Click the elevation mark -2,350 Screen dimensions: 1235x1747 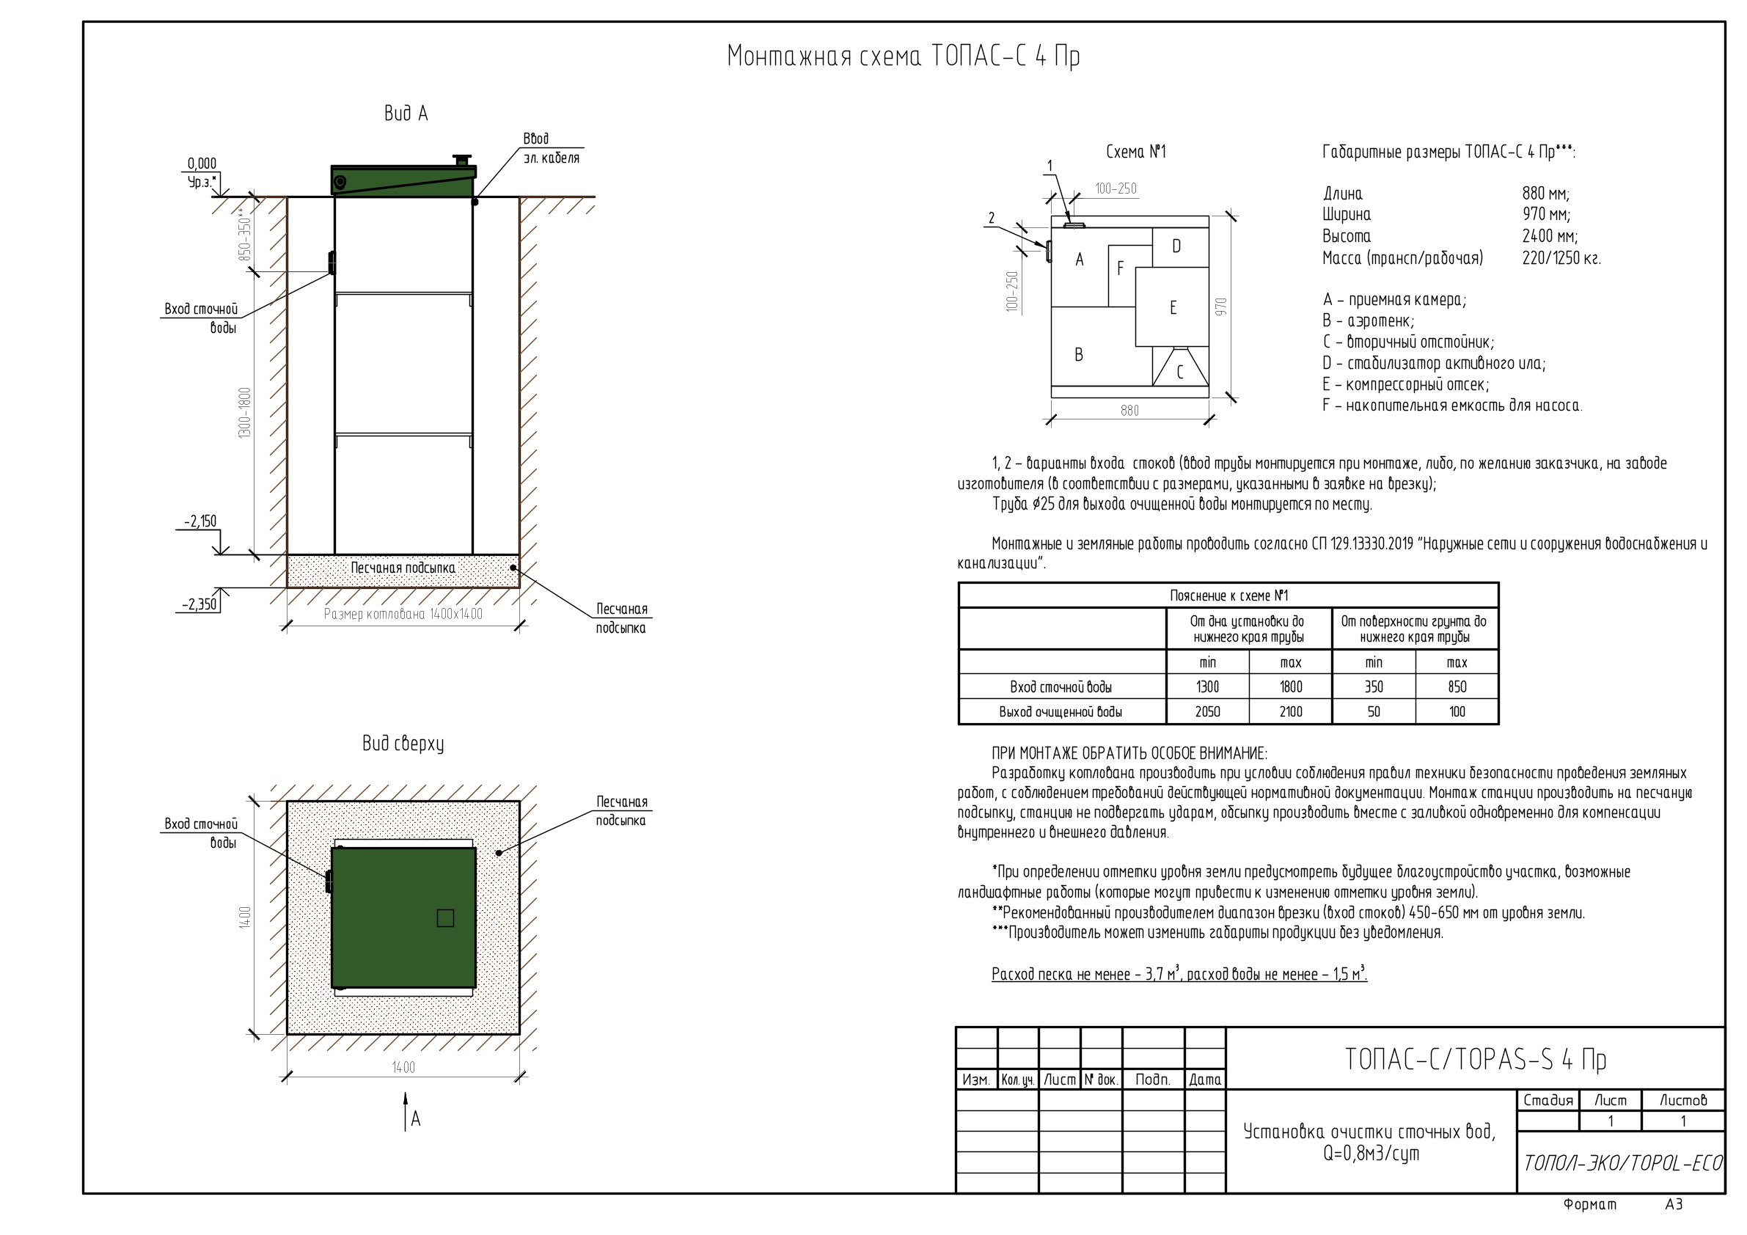pos(199,605)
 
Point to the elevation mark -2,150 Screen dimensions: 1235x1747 pos(200,521)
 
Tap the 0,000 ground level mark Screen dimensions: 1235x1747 pos(202,164)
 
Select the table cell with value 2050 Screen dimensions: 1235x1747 pos(1207,711)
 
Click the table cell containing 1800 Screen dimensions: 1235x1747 pos(1291,687)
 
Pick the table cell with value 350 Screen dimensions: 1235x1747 pos(1374,687)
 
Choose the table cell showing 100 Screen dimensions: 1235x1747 pos(1457,711)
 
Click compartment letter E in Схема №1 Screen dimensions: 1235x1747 pos(1173,307)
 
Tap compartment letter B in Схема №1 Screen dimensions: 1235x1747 pos(1078,355)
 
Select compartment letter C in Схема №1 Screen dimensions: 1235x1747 pos(1179,372)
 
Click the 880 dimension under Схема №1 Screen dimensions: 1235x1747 pos(1130,411)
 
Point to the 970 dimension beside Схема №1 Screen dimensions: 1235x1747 pos(1222,307)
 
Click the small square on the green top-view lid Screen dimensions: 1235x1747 pos(445,918)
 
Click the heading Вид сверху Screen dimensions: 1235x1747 pos(403,744)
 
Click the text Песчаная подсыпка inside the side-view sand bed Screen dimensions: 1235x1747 pos(403,568)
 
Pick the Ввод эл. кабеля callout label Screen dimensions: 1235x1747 pos(550,148)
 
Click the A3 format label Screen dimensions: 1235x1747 pos(1673,1204)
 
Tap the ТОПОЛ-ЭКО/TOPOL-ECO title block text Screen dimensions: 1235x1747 pos(1622,1163)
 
